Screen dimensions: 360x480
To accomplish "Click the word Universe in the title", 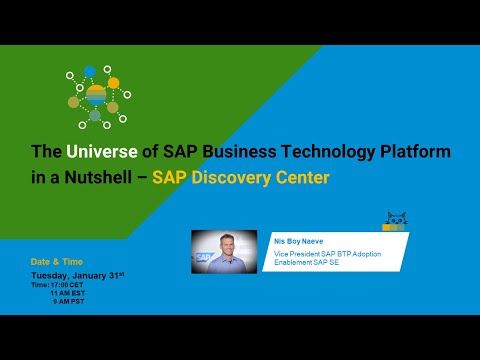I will point(97,152).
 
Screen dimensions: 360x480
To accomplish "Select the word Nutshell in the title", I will point(93,178).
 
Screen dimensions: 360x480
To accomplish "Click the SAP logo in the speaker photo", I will point(204,257).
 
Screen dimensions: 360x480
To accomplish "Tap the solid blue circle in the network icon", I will point(90,71).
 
